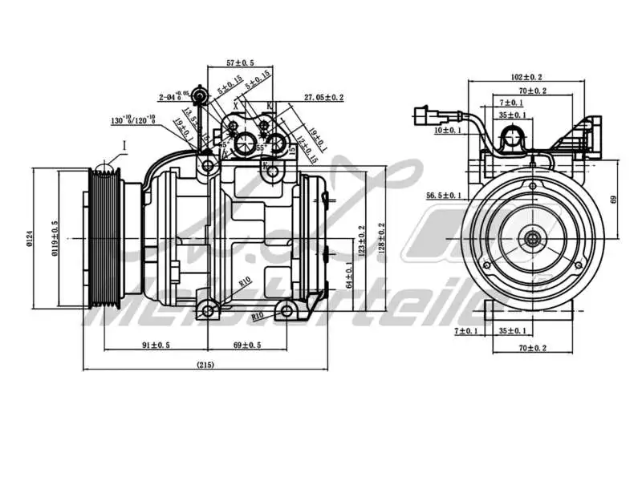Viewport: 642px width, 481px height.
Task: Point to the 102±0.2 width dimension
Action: click(526, 77)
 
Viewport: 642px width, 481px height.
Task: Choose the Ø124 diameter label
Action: click(30, 239)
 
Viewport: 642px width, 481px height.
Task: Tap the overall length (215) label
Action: click(205, 365)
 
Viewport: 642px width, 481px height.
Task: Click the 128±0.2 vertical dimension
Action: click(381, 238)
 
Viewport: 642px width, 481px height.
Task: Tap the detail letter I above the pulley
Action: click(125, 144)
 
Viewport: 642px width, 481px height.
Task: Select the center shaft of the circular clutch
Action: click(532, 238)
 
